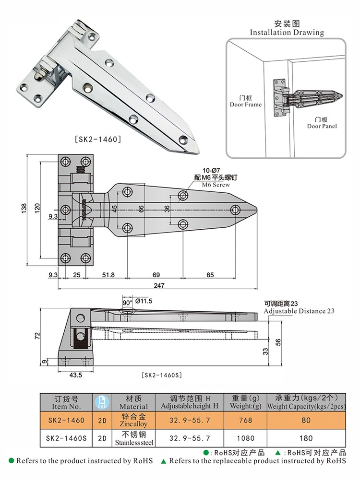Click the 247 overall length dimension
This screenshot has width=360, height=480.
click(x=158, y=285)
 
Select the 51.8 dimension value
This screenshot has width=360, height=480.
click(x=108, y=275)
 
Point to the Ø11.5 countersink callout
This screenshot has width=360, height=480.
click(x=144, y=301)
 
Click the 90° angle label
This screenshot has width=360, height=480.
click(x=127, y=303)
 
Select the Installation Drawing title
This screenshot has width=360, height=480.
click(x=287, y=33)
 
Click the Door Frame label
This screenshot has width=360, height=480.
click(x=246, y=104)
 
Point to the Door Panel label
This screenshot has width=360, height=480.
click(x=322, y=126)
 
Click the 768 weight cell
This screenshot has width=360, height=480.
click(x=246, y=420)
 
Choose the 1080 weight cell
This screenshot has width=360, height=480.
click(x=246, y=438)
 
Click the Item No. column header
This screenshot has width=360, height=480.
click(x=65, y=402)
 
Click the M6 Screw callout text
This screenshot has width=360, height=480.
click(x=216, y=185)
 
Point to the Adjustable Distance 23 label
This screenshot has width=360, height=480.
click(x=299, y=311)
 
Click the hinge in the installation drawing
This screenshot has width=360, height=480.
click(x=298, y=98)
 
